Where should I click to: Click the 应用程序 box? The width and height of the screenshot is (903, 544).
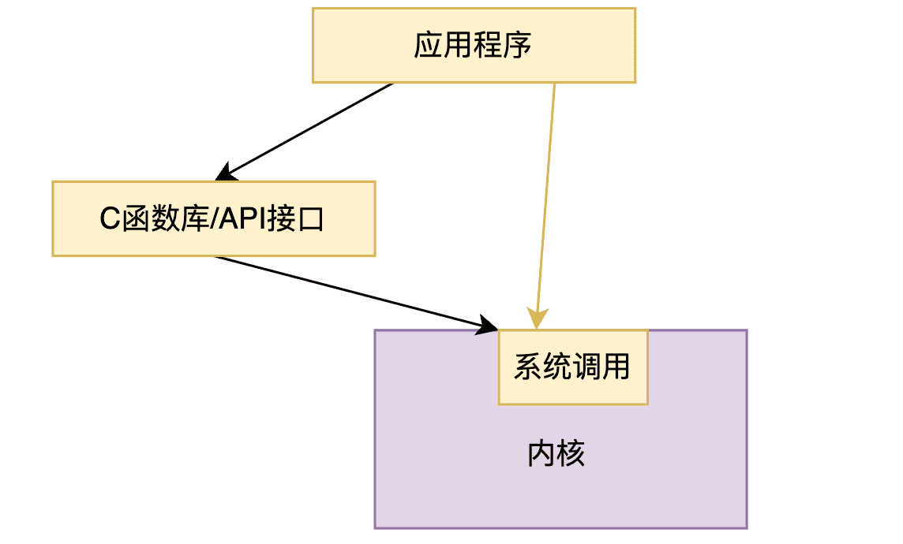coord(474,45)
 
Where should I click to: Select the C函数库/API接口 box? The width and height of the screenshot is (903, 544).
coord(213,218)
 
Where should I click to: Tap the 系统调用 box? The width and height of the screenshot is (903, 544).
coord(572,367)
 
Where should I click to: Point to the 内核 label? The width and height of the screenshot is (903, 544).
coord(556,455)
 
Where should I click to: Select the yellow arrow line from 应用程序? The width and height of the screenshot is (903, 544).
coord(546,197)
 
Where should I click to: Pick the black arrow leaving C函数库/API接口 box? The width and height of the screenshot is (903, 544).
coord(347,289)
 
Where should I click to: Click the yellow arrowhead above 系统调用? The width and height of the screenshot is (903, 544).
coord(538,319)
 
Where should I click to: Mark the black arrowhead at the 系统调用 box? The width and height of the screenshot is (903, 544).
coord(488,324)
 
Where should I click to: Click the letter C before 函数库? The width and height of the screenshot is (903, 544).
coord(110,219)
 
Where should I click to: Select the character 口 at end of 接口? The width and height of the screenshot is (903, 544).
coord(313,219)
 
